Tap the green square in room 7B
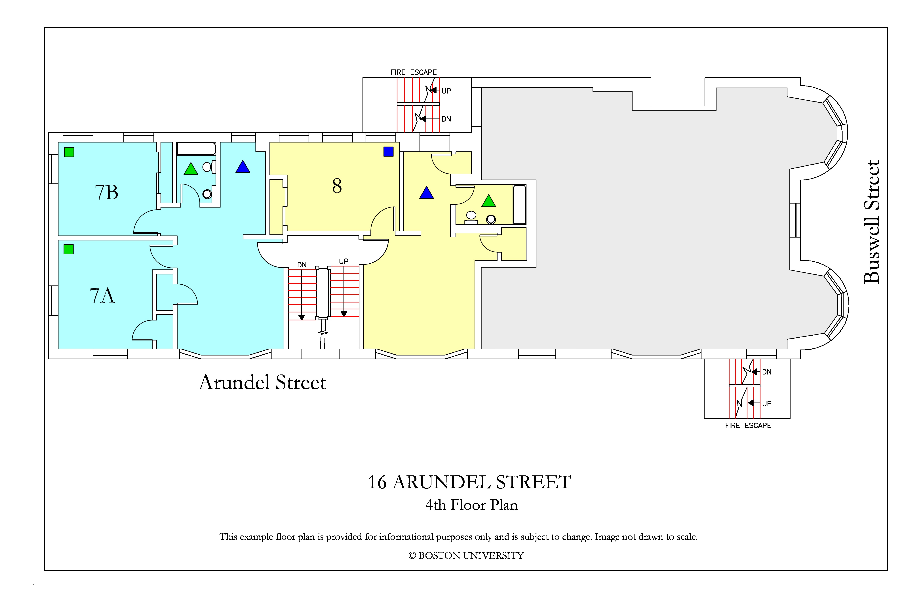coord(69,152)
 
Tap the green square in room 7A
coord(69,249)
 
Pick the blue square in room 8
coord(388,152)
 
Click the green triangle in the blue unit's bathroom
coord(191,169)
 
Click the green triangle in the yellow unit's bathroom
coord(489,201)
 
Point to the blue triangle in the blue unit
coord(243,167)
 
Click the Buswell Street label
coord(871,222)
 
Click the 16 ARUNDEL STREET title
coord(469,482)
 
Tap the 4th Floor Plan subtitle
coord(472,505)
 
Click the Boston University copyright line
coord(466,556)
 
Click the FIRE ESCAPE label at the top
coord(413,73)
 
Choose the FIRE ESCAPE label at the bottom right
coord(748,426)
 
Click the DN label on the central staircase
coord(302,265)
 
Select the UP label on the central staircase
coord(344,261)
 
